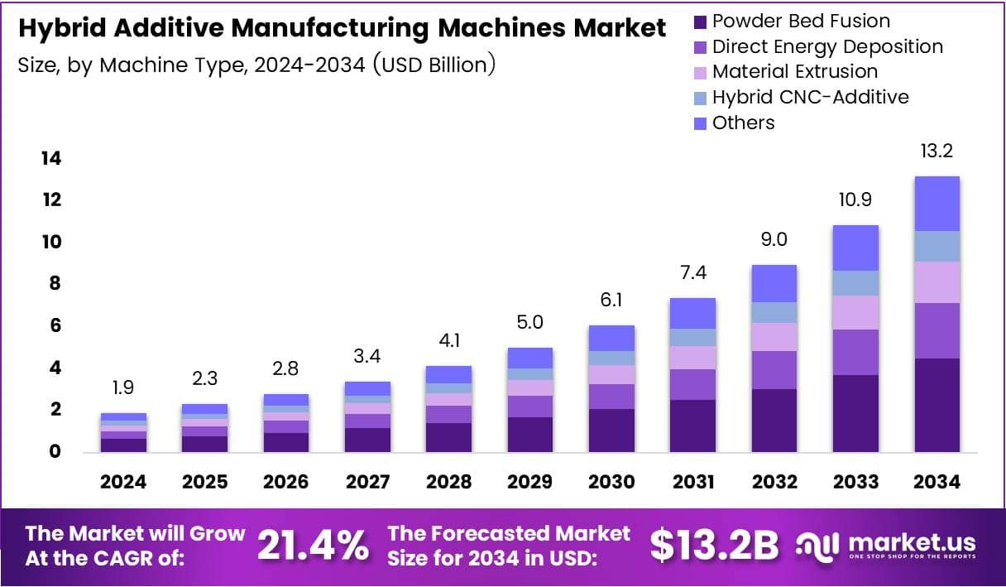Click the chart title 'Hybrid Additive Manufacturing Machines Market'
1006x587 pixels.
point(342,28)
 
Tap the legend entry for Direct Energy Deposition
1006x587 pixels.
point(827,46)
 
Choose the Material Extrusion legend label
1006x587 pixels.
point(794,72)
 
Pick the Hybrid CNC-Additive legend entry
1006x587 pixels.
point(810,97)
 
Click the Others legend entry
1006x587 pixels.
point(743,123)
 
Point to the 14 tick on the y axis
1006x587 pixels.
point(50,158)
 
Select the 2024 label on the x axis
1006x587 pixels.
point(123,482)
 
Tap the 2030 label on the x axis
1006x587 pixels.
point(611,482)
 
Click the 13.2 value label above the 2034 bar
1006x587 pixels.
point(937,152)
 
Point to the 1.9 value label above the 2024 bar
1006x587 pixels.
point(123,388)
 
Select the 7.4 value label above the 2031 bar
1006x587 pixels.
point(692,272)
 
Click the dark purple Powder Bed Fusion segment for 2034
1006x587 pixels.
point(937,405)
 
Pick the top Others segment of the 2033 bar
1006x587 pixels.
point(855,248)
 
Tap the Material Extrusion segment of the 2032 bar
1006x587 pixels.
point(774,336)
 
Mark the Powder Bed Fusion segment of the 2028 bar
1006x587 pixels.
point(448,437)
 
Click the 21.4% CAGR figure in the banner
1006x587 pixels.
point(313,545)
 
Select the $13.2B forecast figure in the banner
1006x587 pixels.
point(714,545)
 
